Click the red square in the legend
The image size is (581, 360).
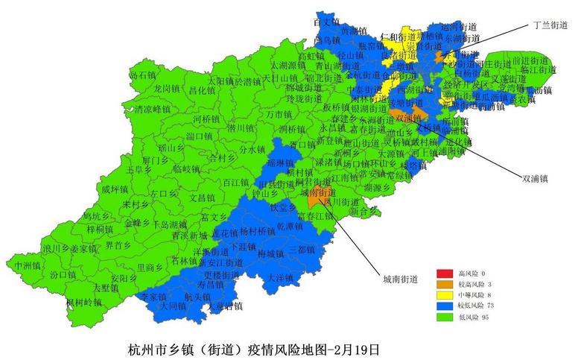click(445, 274)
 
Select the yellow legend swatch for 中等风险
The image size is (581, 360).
click(445, 294)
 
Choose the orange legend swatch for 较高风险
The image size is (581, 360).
click(445, 284)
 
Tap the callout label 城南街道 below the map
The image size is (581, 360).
click(400, 280)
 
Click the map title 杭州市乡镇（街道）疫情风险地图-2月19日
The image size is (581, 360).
click(254, 348)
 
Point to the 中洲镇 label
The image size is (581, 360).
click(28, 265)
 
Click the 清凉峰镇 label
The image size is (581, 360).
click(151, 109)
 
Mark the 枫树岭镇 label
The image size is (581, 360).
click(83, 302)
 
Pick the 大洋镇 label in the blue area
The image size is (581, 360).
click(280, 277)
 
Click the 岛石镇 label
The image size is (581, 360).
click(142, 75)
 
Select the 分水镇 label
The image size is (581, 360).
click(252, 149)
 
